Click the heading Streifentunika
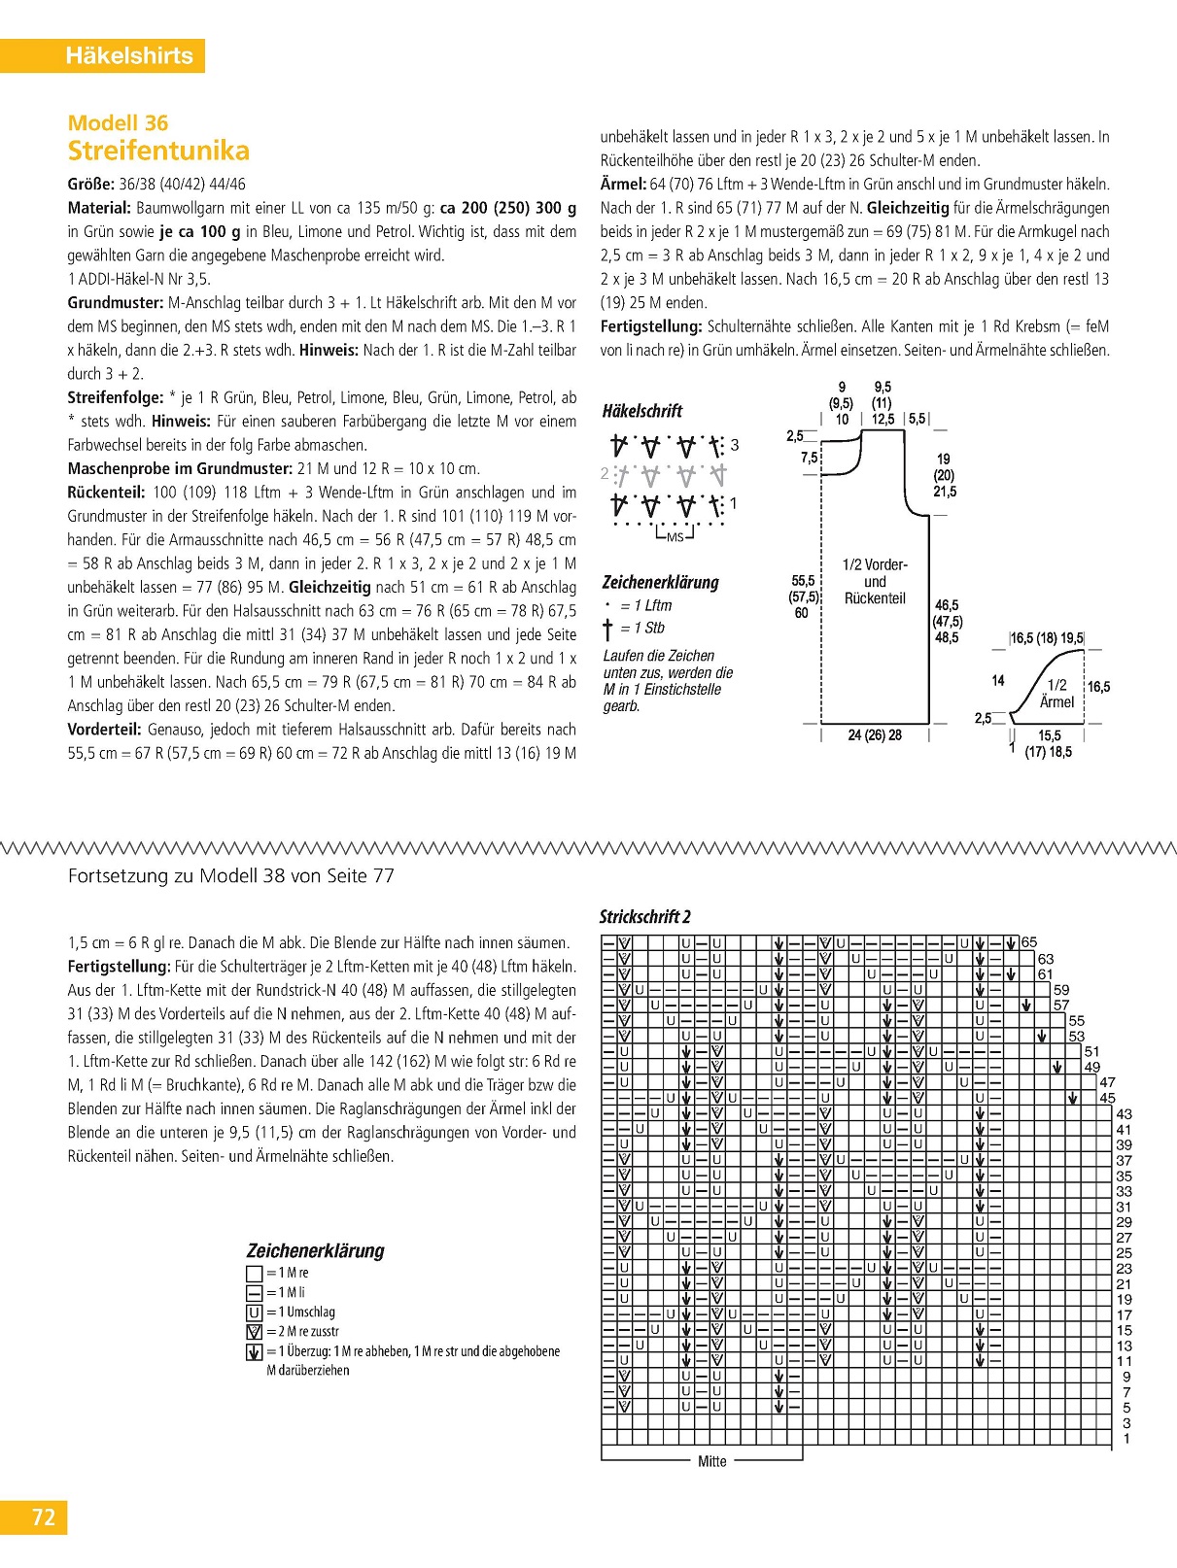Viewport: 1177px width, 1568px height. tap(158, 151)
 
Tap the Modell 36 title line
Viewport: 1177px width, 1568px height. tap(118, 123)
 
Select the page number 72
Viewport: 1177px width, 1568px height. tap(43, 1517)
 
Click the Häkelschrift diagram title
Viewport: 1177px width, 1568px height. tap(642, 411)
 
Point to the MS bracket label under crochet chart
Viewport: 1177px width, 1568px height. tap(675, 537)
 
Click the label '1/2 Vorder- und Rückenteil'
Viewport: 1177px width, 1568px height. tap(875, 582)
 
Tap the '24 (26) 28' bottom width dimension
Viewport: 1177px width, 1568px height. tap(875, 735)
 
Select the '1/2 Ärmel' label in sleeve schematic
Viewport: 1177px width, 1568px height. tap(1056, 694)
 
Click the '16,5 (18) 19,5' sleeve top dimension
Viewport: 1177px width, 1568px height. tap(1046, 638)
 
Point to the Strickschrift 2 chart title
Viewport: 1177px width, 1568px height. tap(644, 917)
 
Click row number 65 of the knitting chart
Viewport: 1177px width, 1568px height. tap(1029, 942)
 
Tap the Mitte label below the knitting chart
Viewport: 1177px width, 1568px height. tap(712, 1461)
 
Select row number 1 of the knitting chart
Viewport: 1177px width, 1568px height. tap(1126, 1439)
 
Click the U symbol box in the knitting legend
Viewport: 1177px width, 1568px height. tap(255, 1312)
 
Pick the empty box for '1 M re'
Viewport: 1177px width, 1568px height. tap(255, 1273)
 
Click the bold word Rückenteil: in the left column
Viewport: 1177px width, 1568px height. tap(106, 493)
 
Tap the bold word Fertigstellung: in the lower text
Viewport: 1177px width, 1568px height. tap(119, 967)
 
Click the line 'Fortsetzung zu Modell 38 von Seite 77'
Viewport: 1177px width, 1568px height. tap(231, 875)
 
